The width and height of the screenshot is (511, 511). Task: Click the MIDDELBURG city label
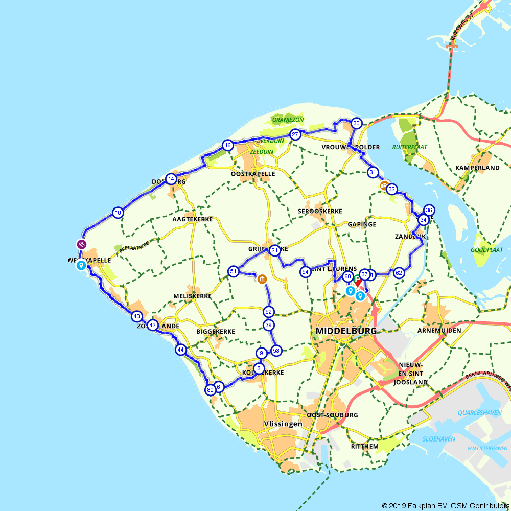click(346, 331)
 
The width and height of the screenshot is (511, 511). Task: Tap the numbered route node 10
click(118, 213)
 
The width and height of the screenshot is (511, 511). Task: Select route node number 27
click(295, 135)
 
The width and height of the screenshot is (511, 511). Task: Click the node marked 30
click(357, 123)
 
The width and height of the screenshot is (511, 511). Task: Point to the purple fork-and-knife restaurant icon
click(81, 244)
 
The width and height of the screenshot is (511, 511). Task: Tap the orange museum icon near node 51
click(262, 279)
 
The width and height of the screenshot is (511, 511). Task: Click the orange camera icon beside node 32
click(384, 185)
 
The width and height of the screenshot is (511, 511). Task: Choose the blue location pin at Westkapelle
click(81, 265)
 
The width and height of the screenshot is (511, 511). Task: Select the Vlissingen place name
click(283, 424)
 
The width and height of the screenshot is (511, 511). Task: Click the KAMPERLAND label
click(477, 168)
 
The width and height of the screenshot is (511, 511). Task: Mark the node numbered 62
click(399, 273)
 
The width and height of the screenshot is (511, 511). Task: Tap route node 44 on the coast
click(180, 350)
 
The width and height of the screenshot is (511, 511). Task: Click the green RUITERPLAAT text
click(410, 147)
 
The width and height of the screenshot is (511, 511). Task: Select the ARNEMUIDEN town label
click(439, 331)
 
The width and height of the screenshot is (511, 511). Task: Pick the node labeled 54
click(305, 272)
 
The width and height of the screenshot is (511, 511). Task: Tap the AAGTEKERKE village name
click(192, 219)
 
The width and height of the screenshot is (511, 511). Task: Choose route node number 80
click(210, 390)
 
